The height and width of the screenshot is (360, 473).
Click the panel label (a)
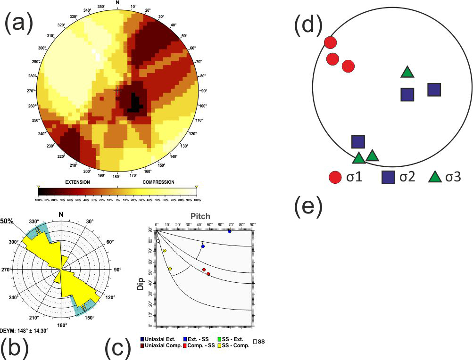(x=19, y=22)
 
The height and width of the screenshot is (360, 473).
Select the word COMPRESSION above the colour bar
(x=158, y=182)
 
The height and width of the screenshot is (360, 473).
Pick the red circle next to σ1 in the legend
(x=335, y=177)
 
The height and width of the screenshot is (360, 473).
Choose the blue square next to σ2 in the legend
(x=388, y=177)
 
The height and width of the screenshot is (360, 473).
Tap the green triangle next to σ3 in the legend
(x=435, y=177)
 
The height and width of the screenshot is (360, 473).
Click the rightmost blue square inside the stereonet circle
(x=434, y=89)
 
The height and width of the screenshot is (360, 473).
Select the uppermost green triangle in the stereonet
(x=407, y=72)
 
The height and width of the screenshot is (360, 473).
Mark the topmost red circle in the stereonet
(x=331, y=42)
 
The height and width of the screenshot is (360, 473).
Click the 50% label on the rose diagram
(x=7, y=220)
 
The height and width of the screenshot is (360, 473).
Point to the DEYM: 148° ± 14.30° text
(x=25, y=330)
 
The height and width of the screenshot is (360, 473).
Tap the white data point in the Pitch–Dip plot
(x=158, y=241)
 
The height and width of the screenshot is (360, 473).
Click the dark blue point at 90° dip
(x=230, y=231)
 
